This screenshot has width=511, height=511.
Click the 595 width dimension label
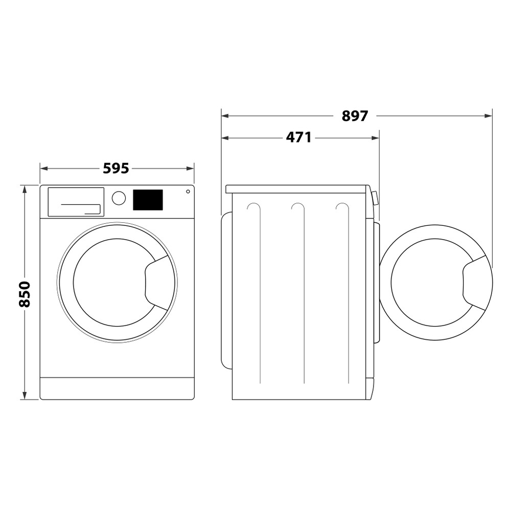[x=116, y=168]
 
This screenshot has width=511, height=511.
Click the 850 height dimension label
[x=25, y=294]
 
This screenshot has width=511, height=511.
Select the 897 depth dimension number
[x=355, y=116]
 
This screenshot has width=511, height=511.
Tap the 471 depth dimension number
[x=298, y=137]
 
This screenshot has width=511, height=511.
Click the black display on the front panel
[x=148, y=200]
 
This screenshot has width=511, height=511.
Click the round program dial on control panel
[x=119, y=198]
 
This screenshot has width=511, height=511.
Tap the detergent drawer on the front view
[x=76, y=202]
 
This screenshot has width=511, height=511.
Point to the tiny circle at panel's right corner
[x=188, y=191]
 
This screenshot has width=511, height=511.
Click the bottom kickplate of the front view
[x=117, y=388]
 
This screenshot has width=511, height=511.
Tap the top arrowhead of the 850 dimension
[x=24, y=189]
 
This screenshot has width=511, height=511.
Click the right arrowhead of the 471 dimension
[x=376, y=137]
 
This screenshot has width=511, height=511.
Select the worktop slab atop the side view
[x=296, y=189]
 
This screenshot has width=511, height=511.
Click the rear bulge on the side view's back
[x=226, y=291]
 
